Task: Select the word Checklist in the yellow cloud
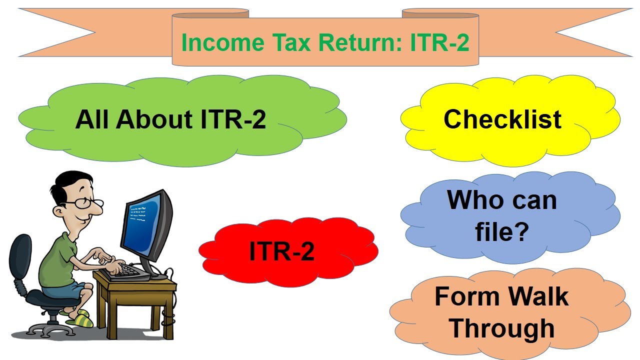pyautogui.click(x=502, y=119)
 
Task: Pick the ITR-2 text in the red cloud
pyautogui.click(x=282, y=250)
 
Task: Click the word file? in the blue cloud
pyautogui.click(x=502, y=231)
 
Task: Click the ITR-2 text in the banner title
pyautogui.click(x=439, y=42)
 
